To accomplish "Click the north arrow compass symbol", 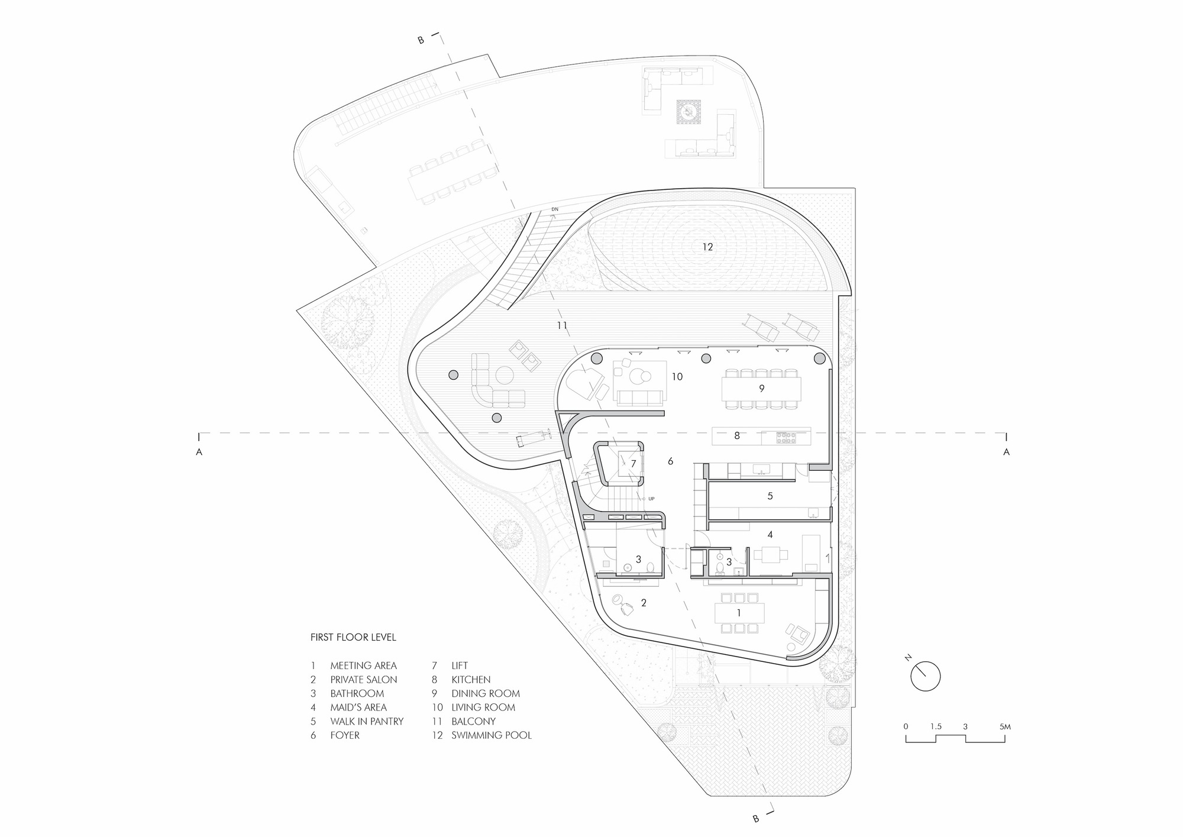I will click(925, 676).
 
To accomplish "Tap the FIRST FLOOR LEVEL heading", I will click(353, 638).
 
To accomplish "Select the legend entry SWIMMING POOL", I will click(491, 735).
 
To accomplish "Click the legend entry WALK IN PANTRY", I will click(366, 721).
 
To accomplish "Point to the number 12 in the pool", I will click(707, 247).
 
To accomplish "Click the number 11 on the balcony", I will click(562, 325).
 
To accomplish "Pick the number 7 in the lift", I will click(633, 464).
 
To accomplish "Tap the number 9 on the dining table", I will click(761, 389).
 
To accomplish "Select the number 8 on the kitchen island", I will click(736, 436).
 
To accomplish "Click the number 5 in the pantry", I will click(770, 496).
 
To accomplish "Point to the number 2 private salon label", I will click(644, 603).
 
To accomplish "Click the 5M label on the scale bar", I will click(1004, 726).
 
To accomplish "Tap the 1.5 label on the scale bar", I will click(935, 726).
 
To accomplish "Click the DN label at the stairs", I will click(554, 209).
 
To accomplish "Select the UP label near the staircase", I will click(651, 499).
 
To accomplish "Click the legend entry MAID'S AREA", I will click(358, 707).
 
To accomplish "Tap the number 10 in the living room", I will click(677, 376).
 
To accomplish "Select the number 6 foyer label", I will click(670, 461).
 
